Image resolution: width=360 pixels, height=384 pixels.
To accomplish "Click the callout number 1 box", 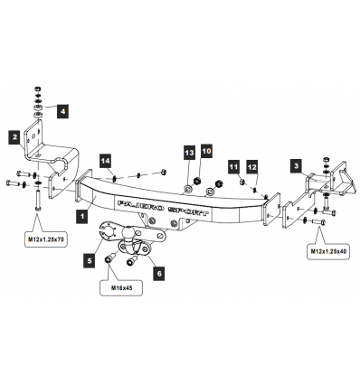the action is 81,216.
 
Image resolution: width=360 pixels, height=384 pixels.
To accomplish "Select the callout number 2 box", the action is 14,137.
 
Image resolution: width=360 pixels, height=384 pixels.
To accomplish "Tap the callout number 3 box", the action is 297,165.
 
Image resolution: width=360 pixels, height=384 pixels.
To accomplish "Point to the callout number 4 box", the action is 62,111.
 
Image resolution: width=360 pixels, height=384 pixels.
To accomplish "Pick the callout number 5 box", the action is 90,260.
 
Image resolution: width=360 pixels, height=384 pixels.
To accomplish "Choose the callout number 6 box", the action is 159,274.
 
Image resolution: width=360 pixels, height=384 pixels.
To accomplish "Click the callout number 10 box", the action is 206,151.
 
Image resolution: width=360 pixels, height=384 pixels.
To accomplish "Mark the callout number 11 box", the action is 233,167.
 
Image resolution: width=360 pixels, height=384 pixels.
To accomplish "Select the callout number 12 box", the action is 252,167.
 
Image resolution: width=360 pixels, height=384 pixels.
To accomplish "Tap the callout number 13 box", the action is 189,154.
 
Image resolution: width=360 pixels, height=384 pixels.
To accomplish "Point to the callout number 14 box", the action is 106,161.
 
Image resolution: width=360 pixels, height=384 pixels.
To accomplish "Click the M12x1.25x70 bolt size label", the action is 45,239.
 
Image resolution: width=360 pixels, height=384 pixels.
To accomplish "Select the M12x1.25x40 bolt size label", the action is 328,251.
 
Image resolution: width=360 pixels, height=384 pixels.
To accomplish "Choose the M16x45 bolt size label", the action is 121,288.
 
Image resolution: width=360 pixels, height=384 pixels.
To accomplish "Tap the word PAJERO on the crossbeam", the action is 140,206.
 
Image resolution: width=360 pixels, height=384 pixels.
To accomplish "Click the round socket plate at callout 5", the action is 109,231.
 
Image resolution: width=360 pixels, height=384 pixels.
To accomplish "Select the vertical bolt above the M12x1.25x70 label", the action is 38,200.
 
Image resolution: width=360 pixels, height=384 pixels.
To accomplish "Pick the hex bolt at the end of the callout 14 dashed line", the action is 164,172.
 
